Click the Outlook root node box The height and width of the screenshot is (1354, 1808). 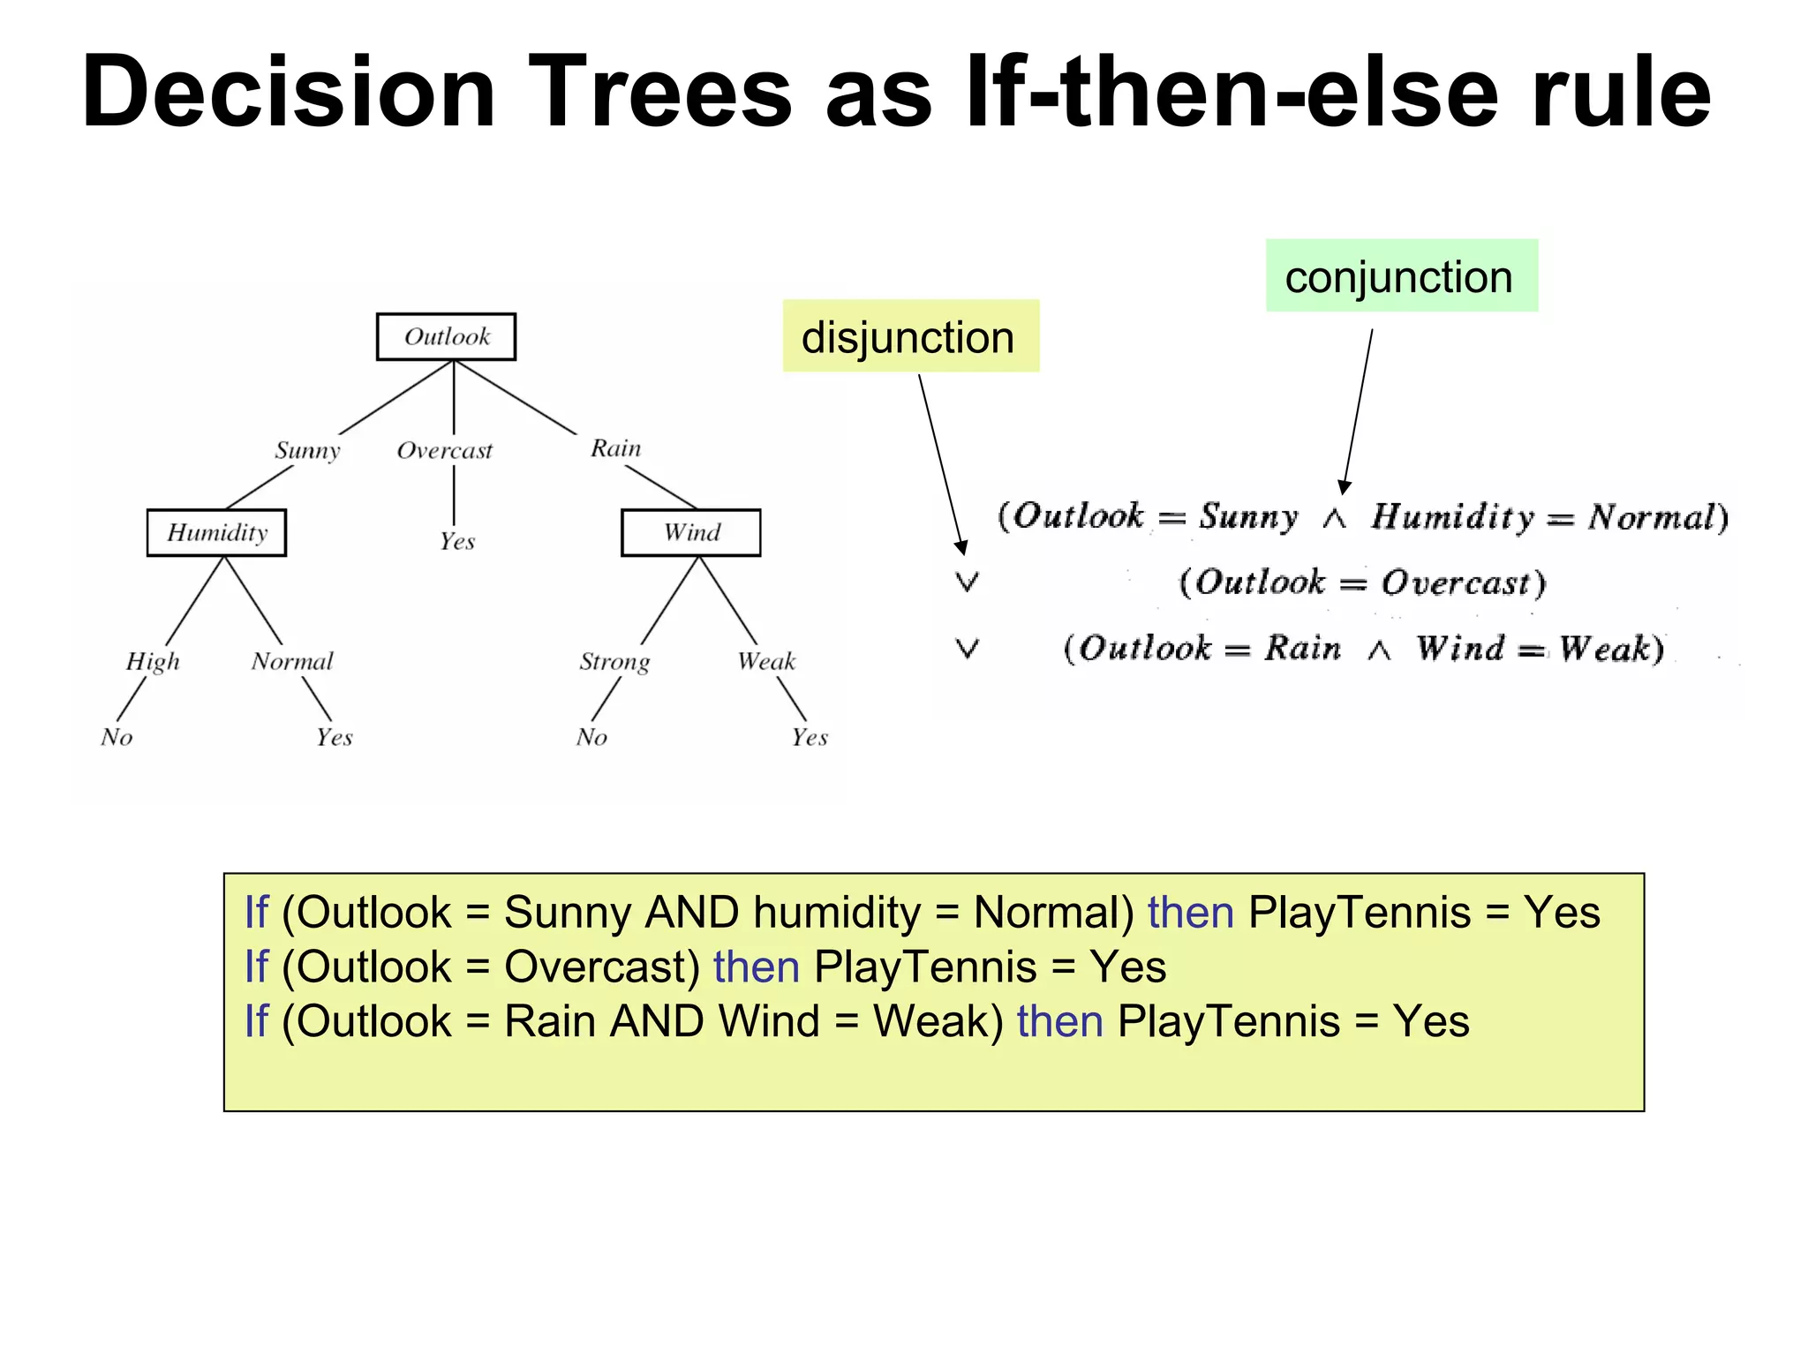[x=446, y=336]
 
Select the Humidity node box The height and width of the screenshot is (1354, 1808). [x=216, y=532]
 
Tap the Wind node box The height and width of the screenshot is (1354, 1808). [x=690, y=532]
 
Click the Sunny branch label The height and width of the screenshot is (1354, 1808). [x=307, y=450]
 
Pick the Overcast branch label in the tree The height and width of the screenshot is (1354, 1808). [x=444, y=450]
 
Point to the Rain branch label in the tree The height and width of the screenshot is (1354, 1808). [x=615, y=448]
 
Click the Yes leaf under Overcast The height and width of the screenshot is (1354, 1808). [x=457, y=541]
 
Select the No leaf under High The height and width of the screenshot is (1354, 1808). [x=117, y=737]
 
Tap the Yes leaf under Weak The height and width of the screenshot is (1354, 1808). [x=809, y=737]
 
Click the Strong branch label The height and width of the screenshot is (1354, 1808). [x=614, y=662]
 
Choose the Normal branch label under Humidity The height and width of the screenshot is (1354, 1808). [x=292, y=661]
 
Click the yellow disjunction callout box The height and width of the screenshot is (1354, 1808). [x=910, y=336]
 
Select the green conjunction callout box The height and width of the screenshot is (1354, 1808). [x=1401, y=275]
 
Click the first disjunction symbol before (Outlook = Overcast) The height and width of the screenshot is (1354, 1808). [x=968, y=582]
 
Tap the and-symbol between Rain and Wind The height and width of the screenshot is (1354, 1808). [x=1379, y=651]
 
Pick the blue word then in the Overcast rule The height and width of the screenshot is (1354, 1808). [x=756, y=967]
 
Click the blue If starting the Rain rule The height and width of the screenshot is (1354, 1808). [x=256, y=1021]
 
